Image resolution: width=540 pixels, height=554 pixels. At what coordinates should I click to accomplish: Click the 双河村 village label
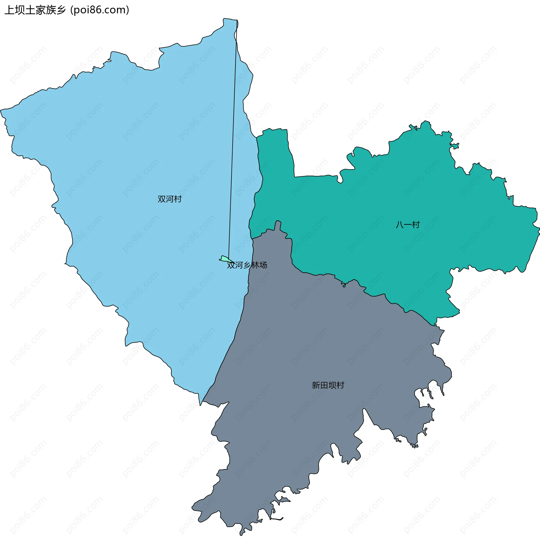169,199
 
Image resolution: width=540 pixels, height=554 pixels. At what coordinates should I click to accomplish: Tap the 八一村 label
408,225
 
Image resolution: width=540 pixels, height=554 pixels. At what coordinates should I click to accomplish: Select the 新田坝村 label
328,385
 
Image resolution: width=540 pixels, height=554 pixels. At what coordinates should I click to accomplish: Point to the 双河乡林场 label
247,265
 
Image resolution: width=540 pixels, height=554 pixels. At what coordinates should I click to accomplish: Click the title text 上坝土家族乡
35,10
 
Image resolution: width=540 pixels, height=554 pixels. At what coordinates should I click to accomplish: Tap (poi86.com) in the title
100,10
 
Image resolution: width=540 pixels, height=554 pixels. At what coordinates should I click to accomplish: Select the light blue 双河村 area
128,170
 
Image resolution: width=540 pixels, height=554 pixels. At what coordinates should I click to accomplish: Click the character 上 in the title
10,10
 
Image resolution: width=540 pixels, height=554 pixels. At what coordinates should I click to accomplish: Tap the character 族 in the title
51,10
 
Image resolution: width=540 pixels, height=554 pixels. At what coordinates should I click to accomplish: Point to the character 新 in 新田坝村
316,385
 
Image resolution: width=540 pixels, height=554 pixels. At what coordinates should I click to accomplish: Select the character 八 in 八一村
400,225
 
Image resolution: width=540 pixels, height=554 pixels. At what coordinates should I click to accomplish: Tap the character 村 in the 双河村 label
177,199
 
